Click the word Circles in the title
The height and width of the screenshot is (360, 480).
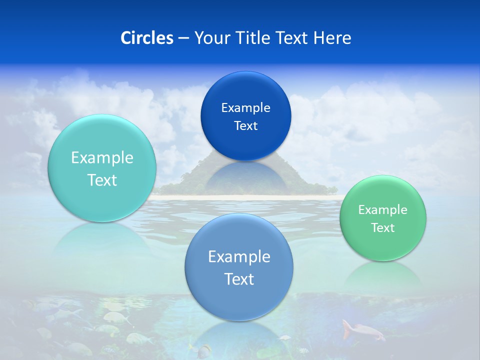coord(146,38)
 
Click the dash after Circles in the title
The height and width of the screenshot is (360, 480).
coord(183,38)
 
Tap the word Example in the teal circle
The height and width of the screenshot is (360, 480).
coord(102,158)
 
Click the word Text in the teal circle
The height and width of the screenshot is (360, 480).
coord(102,180)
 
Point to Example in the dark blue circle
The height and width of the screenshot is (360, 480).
coord(245,108)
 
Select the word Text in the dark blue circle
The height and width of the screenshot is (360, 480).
coord(245,126)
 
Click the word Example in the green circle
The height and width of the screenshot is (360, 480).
coord(382,210)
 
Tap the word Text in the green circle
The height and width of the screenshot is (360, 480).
coord(382,228)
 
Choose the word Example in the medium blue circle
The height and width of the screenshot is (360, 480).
coord(239,257)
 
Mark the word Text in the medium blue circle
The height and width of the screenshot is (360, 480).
coord(239,279)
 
